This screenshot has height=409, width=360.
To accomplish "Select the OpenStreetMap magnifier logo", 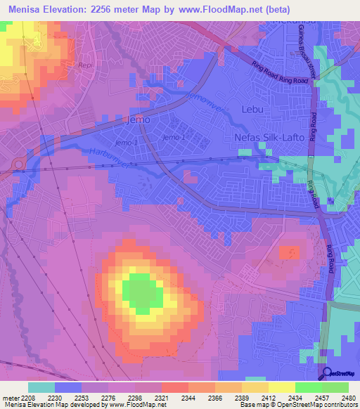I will point(327,375).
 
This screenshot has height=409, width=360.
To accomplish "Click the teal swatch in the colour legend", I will point(41,387).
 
